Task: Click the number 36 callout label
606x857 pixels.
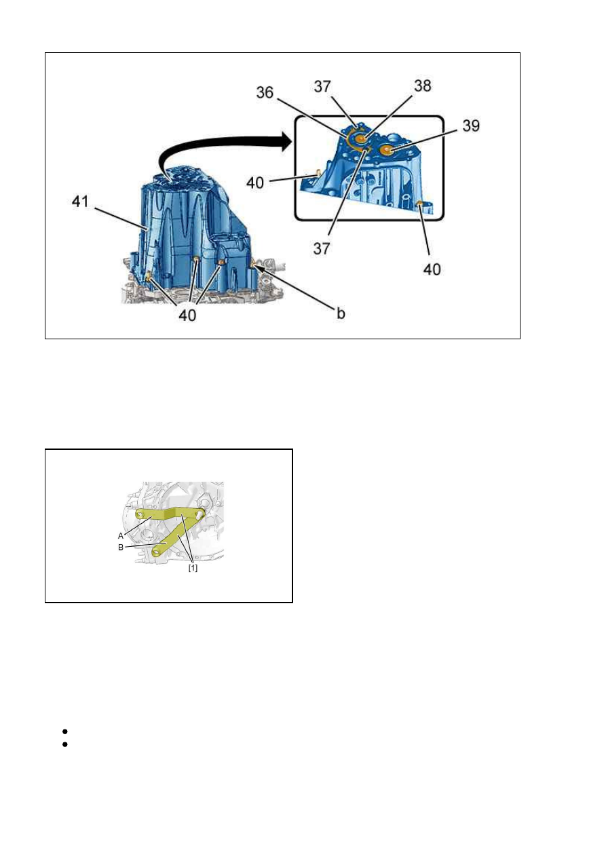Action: [265, 92]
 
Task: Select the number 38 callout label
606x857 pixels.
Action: [422, 85]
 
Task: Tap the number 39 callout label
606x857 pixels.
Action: [471, 126]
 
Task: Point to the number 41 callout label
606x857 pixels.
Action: [80, 202]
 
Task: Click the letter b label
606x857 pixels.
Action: [341, 313]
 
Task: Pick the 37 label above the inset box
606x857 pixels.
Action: [322, 86]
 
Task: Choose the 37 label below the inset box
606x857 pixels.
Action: [322, 248]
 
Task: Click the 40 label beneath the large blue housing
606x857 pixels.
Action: [187, 315]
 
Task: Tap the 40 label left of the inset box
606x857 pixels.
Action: [255, 183]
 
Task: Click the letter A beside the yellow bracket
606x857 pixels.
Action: [121, 536]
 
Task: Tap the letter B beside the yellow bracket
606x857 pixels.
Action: [121, 548]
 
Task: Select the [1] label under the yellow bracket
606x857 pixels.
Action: [193, 568]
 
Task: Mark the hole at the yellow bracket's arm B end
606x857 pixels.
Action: [157, 552]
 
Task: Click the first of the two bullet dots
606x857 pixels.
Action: [64, 731]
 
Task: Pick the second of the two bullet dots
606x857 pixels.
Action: [64, 744]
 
